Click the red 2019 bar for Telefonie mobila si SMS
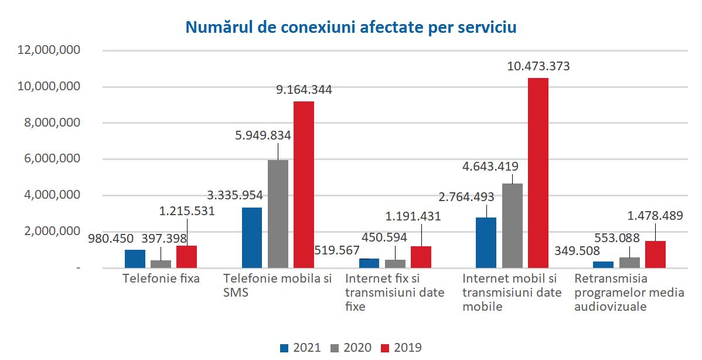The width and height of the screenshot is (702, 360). (304, 185)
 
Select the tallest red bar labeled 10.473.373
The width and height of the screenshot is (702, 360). (538, 173)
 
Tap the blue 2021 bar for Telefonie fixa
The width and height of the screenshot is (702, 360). (135, 259)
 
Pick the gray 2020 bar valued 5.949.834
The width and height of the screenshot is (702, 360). (278, 214)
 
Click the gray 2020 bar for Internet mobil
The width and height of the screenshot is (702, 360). (512, 226)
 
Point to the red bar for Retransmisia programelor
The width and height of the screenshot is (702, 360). (655, 254)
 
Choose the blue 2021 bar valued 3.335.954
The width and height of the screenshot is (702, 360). (252, 237)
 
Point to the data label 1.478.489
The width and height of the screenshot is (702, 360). (656, 216)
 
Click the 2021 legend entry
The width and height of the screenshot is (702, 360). (301, 347)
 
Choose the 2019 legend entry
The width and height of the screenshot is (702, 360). (401, 347)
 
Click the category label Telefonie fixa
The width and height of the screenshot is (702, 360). (161, 279)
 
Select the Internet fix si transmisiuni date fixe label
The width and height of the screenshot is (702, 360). (394, 292)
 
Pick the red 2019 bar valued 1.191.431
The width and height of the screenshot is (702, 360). (421, 257)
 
